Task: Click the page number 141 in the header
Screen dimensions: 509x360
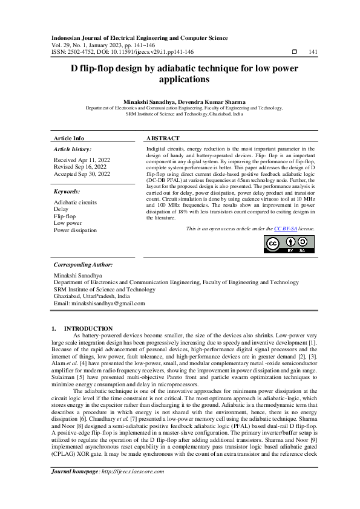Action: tap(313, 53)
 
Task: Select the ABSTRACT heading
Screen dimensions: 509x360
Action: tap(163, 138)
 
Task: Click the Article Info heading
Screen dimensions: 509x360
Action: tap(69, 138)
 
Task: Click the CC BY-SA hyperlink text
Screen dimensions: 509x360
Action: tap(286, 229)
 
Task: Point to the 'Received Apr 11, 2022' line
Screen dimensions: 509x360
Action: tap(82, 160)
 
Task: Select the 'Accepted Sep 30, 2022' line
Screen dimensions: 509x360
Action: tap(82, 173)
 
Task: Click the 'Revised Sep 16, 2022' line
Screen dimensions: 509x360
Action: tap(80, 167)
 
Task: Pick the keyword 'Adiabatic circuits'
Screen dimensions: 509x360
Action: tap(75, 202)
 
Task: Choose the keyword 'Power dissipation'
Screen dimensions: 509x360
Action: tap(75, 230)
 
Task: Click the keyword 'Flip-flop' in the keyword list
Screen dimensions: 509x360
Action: tap(65, 216)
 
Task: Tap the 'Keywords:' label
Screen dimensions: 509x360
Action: tap(67, 192)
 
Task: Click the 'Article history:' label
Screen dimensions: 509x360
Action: tap(73, 149)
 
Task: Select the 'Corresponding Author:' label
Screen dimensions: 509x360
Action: tap(83, 265)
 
